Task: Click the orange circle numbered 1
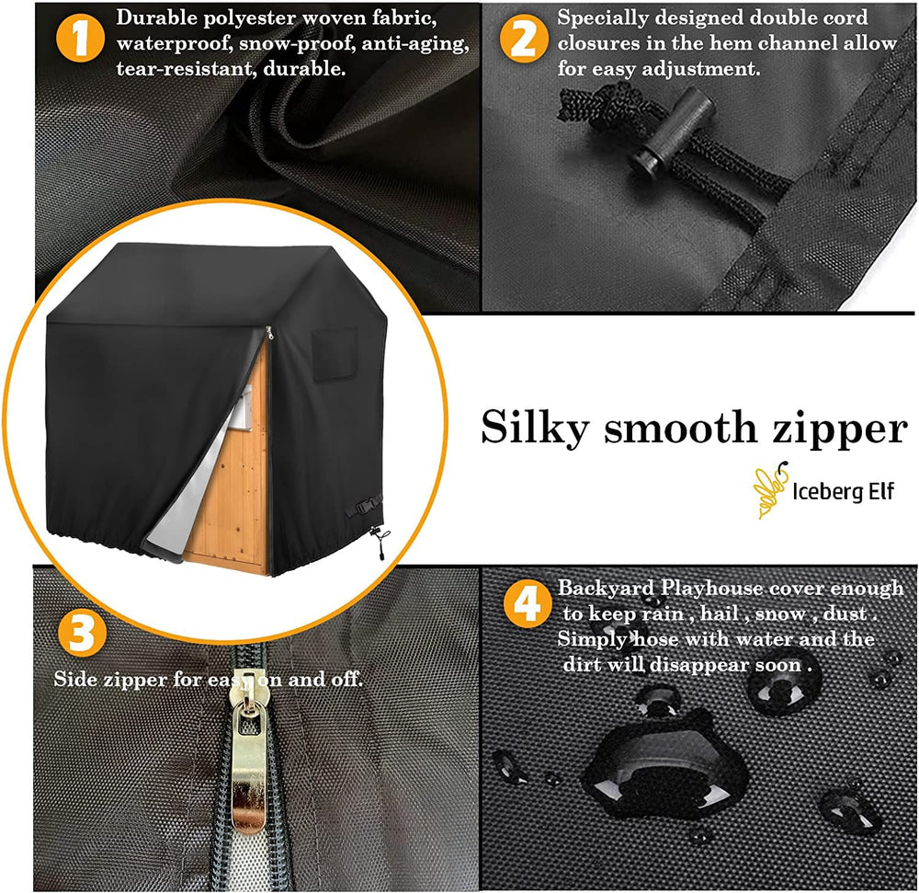(x=80, y=38)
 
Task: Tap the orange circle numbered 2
(x=524, y=38)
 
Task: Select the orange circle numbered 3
(x=82, y=633)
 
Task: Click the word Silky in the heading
(x=535, y=428)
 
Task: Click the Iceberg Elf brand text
(x=843, y=491)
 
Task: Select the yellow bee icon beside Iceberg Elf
(x=770, y=489)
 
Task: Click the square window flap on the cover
(x=335, y=353)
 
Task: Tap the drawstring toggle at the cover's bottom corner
(x=378, y=541)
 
